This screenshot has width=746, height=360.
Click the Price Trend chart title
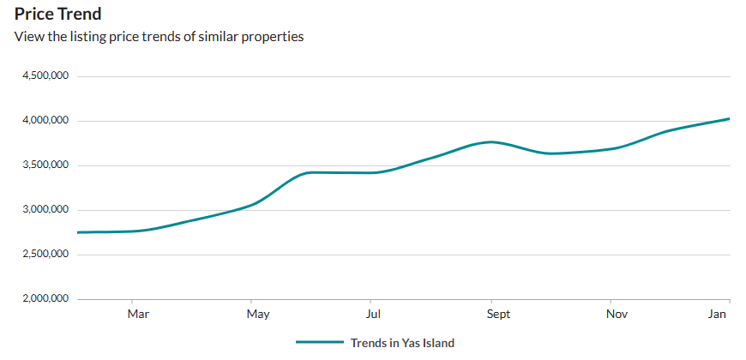[x=58, y=14]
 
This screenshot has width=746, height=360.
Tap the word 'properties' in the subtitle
[x=274, y=37]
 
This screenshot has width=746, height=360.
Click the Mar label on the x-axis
[x=138, y=315]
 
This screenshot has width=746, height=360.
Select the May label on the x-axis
[x=258, y=315]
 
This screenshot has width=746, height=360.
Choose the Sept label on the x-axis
[x=498, y=315]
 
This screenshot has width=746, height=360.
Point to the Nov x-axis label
[x=617, y=315]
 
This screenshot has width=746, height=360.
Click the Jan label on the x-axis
[x=718, y=315]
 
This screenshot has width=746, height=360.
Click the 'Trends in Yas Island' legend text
[x=402, y=343]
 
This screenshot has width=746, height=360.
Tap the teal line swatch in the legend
[x=319, y=343]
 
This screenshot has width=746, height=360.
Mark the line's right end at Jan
[x=729, y=119]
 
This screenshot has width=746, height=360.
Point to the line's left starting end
[x=78, y=232]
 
